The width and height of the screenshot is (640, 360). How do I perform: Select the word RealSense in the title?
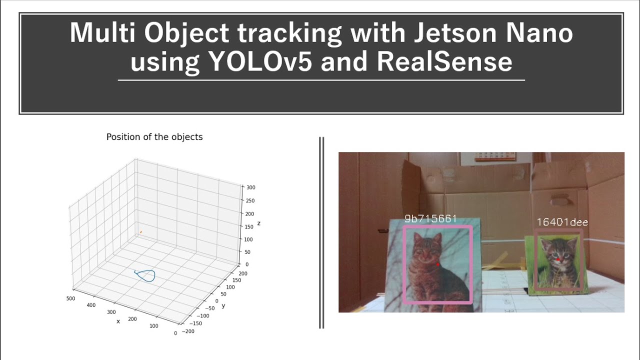pyautogui.click(x=444, y=62)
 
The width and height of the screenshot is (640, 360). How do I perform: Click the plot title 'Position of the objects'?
pyautogui.click(x=154, y=137)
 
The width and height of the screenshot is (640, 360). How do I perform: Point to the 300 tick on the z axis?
pyautogui.click(x=250, y=187)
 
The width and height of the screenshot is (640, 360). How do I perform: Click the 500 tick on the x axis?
pyautogui.click(x=70, y=298)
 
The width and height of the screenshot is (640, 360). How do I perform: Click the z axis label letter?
pyautogui.click(x=258, y=223)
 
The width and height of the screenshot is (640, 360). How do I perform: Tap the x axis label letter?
pyautogui.click(x=118, y=321)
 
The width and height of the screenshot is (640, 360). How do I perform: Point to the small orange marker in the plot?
pyautogui.click(x=141, y=232)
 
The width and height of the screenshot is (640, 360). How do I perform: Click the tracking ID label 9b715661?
pyautogui.click(x=430, y=219)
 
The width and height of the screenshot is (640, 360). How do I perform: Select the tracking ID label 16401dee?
pyautogui.click(x=562, y=222)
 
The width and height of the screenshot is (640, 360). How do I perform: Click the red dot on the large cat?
pyautogui.click(x=438, y=264)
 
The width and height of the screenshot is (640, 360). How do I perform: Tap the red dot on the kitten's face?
pyautogui.click(x=557, y=260)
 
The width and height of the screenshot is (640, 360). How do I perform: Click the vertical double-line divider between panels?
pyautogui.click(x=321, y=232)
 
